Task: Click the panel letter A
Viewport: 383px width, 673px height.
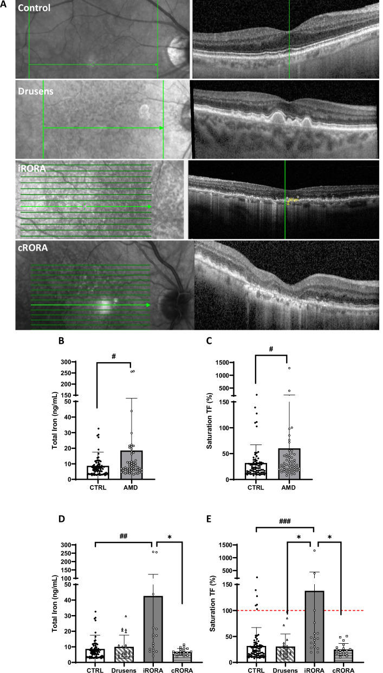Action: click(4, 4)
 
